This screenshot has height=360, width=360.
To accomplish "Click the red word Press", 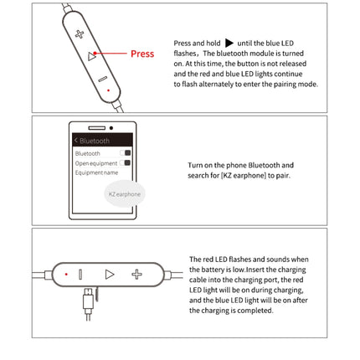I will (142, 54).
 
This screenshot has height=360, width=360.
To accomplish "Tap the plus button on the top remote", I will (80, 34).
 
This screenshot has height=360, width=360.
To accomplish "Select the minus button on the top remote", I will (101, 78).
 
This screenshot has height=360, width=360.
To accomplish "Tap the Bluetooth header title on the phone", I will (95, 140).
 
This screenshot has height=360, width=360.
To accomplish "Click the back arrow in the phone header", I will (75, 140).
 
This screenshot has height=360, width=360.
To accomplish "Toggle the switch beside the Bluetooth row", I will (127, 153).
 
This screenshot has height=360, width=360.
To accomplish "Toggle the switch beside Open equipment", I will (127, 162).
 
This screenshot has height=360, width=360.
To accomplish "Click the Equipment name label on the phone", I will (92, 172).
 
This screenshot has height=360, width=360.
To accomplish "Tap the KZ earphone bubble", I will (125, 193).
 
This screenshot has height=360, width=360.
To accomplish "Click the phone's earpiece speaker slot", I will (96, 127).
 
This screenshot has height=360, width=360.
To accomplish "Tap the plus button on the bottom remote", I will (137, 274).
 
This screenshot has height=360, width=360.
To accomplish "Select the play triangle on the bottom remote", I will (109, 274).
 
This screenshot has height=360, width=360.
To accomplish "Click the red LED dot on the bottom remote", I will (65, 274).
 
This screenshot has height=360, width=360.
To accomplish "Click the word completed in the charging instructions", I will (255, 310).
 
